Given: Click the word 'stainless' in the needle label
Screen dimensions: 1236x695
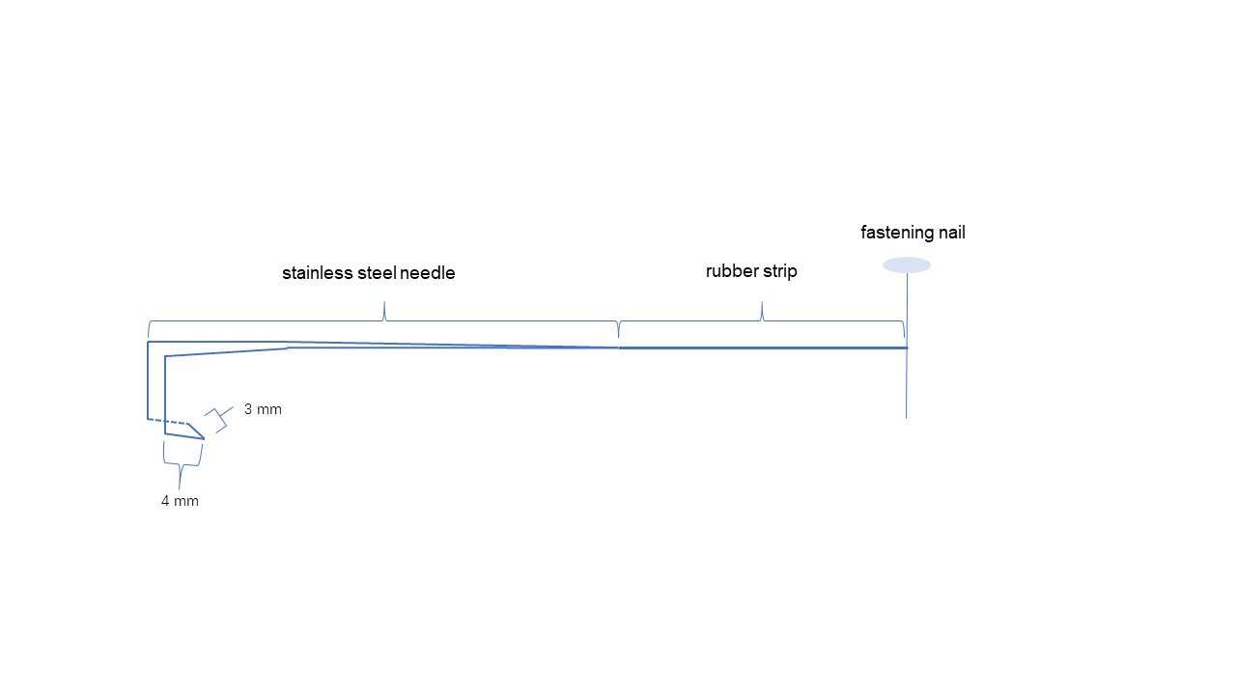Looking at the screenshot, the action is (x=314, y=273).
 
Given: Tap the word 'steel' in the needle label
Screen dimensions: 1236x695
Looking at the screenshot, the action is (x=370, y=273).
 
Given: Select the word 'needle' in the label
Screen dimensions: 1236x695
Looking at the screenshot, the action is (x=425, y=273).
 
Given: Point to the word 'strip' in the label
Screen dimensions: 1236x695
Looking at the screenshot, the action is (x=779, y=271).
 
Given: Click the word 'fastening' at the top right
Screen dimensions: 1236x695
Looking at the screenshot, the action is (x=897, y=233).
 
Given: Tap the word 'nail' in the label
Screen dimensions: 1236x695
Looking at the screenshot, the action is (x=951, y=233).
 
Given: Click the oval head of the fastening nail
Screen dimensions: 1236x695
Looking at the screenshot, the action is (x=907, y=264).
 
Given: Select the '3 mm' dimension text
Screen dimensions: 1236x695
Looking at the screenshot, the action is (x=263, y=409).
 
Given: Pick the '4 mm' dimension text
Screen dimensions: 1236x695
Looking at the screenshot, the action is (x=180, y=501).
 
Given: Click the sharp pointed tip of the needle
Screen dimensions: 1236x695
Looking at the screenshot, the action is (x=204, y=439).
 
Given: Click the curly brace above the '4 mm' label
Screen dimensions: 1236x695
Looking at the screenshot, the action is (x=181, y=469).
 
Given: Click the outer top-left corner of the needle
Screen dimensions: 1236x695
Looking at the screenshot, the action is (x=148, y=342).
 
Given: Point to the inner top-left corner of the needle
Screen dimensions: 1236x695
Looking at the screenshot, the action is (x=165, y=357).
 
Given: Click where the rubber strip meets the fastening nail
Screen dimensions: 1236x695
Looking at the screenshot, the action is (x=907, y=347).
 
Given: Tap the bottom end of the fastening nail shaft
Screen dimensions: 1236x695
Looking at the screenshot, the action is (x=907, y=417).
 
